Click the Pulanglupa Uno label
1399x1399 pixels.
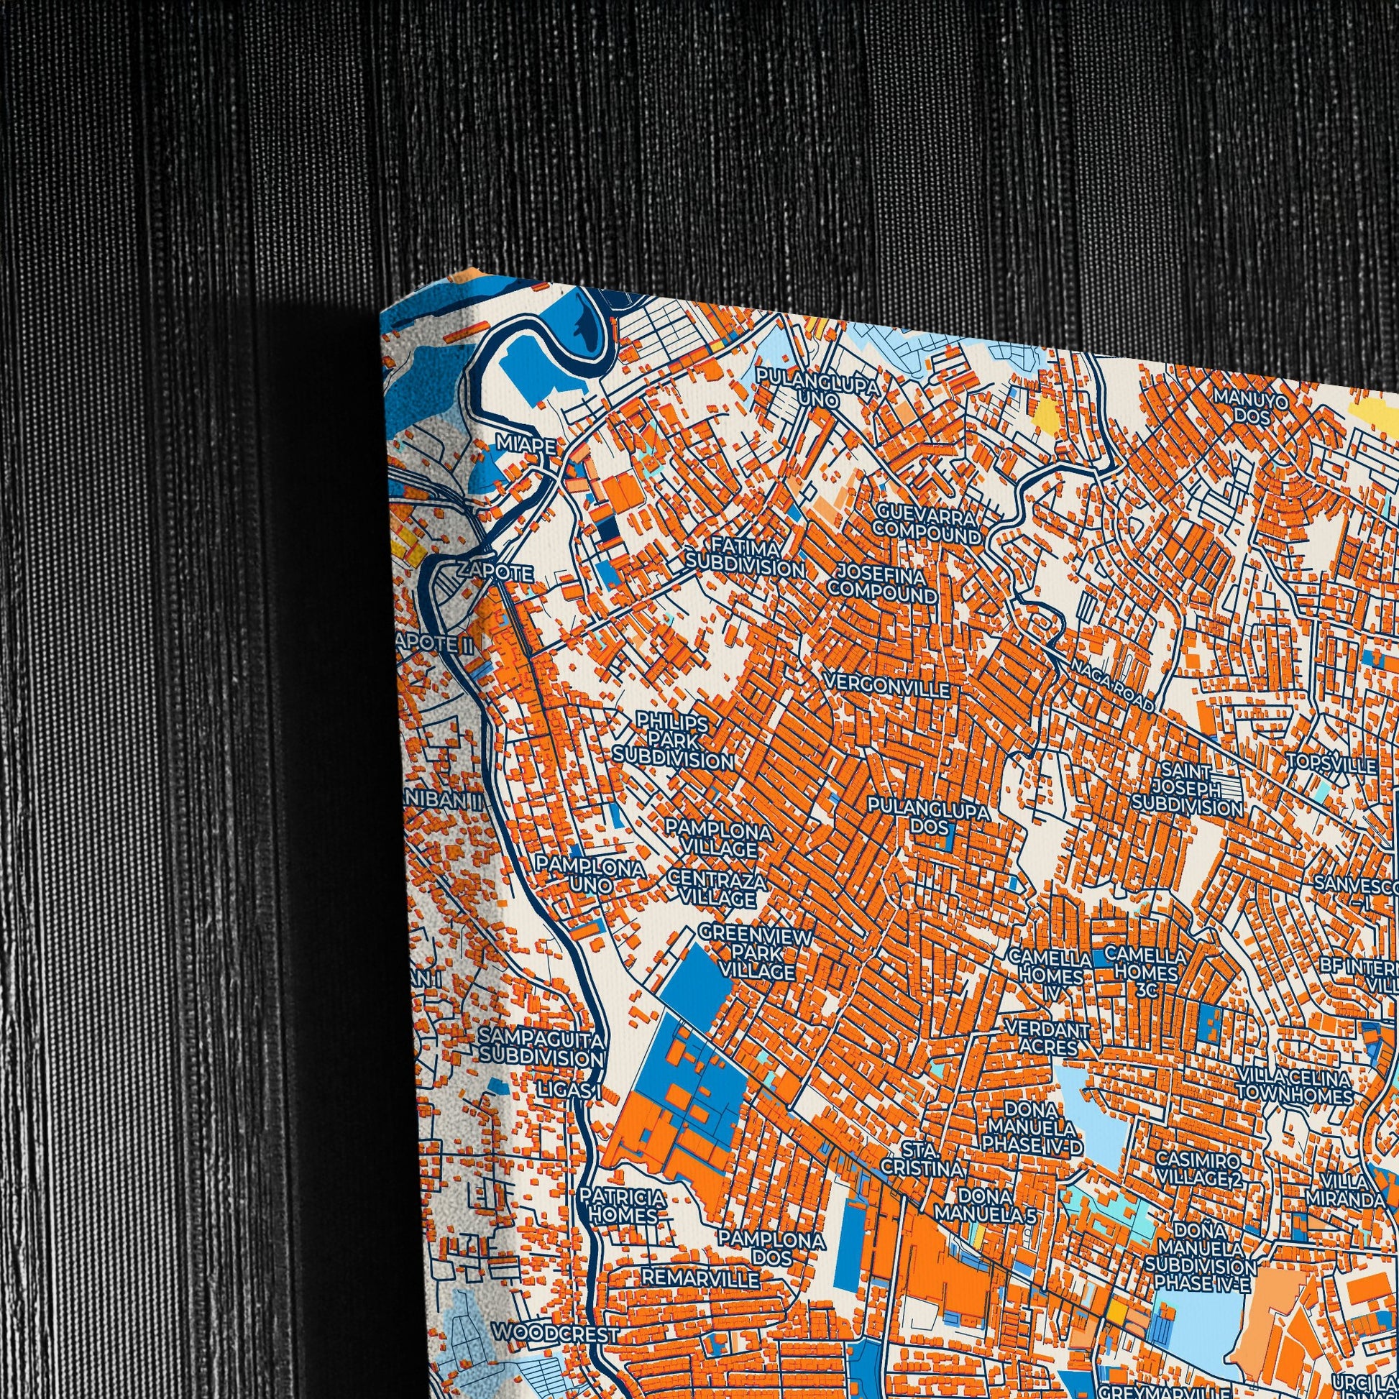point(818,386)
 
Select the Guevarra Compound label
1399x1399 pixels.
point(926,523)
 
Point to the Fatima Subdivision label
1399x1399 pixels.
point(744,557)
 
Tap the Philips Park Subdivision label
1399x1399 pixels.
point(673,740)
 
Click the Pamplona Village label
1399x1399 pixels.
point(719,838)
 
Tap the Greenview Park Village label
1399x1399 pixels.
point(757,954)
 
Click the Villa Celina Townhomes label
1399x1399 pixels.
point(1293,1086)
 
